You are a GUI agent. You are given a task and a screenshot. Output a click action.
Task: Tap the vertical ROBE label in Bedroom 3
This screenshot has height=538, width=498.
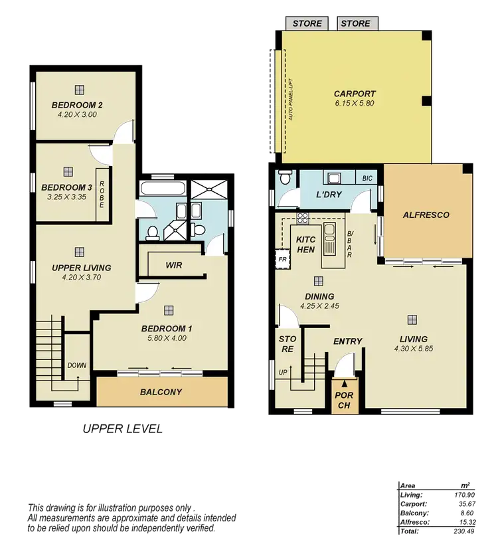click(x=102, y=195)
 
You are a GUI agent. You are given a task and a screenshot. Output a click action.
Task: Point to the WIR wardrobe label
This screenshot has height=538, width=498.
click(x=174, y=265)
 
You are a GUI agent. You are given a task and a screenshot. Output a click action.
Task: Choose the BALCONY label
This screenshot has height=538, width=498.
click(x=161, y=392)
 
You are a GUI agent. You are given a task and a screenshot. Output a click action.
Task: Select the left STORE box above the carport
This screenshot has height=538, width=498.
click(x=307, y=23)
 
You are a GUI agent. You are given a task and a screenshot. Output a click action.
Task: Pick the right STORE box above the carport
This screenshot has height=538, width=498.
click(x=355, y=23)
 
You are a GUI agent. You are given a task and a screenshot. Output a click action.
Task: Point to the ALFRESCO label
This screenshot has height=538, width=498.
click(x=426, y=215)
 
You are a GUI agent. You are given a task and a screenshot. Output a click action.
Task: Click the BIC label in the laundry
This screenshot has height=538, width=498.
click(x=367, y=179)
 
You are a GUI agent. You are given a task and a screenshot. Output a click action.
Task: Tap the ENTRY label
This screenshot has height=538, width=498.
click(x=347, y=341)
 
